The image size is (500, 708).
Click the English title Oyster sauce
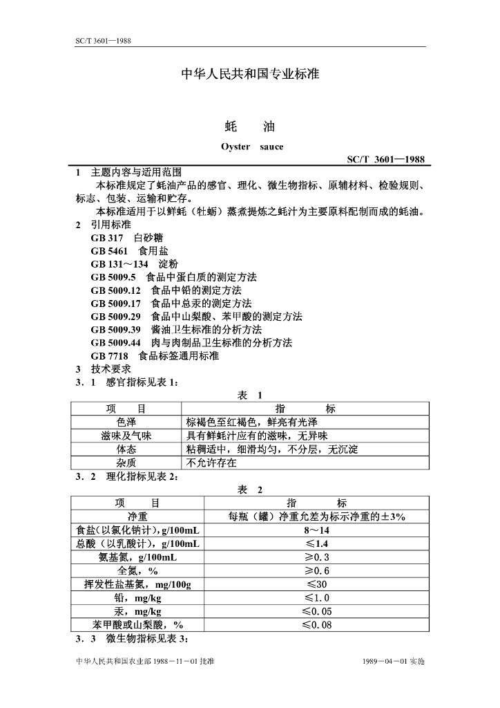251,147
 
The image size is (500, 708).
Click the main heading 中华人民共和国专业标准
250,73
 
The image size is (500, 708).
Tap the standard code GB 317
106,238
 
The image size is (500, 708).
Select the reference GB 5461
109,251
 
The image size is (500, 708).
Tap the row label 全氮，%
137,571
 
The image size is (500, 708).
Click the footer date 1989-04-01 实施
393,662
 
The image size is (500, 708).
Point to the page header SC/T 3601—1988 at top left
103,41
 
